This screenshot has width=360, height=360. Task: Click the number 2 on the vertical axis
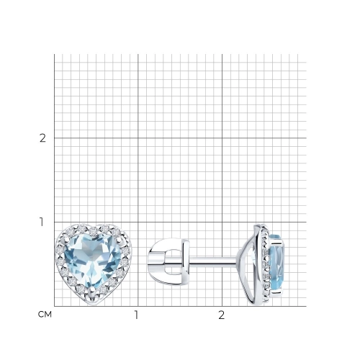pyautogui.click(x=42, y=138)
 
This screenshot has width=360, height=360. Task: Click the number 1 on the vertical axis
pyautogui.click(x=42, y=222)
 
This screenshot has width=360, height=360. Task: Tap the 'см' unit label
pyautogui.click(x=45, y=315)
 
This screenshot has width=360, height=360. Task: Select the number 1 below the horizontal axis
pyautogui.click(x=136, y=315)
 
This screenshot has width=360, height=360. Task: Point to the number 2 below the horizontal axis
pyautogui.click(x=221, y=315)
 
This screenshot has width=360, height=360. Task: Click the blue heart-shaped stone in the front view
pyautogui.click(x=92, y=261)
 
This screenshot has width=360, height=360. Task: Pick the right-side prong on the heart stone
pyautogui.click(x=118, y=239)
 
